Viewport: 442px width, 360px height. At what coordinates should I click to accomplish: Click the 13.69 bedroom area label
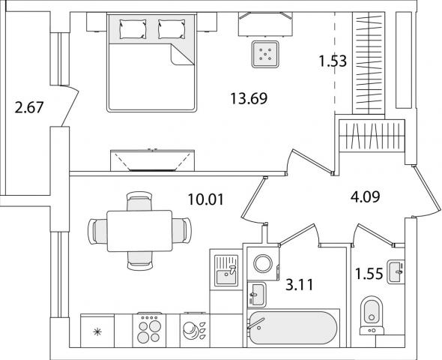(249, 98)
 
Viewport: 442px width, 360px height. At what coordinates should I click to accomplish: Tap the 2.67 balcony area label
(29, 107)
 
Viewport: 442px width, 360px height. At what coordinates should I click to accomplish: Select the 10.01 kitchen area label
(206, 199)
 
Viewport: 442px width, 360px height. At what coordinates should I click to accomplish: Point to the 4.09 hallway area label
(365, 196)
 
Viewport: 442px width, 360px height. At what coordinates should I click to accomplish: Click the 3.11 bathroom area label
(300, 285)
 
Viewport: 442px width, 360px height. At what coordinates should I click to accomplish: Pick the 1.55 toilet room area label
(369, 274)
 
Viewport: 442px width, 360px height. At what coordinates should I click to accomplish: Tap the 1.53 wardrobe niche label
(333, 61)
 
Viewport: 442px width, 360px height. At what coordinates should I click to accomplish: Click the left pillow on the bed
(133, 28)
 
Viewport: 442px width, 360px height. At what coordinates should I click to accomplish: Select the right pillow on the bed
(172, 28)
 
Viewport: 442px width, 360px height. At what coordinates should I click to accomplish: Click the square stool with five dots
(265, 55)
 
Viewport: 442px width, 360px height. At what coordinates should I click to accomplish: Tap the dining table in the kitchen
(139, 231)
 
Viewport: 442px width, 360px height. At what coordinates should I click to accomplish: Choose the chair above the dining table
(139, 201)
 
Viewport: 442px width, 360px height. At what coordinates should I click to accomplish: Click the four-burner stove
(149, 331)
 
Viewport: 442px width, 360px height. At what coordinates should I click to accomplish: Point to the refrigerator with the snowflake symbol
(97, 331)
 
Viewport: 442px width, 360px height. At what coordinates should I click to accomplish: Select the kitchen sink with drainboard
(226, 270)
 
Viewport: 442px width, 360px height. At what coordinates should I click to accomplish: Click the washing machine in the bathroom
(263, 263)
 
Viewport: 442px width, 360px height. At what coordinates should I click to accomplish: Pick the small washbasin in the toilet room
(396, 271)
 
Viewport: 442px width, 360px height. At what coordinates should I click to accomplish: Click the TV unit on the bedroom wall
(153, 160)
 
